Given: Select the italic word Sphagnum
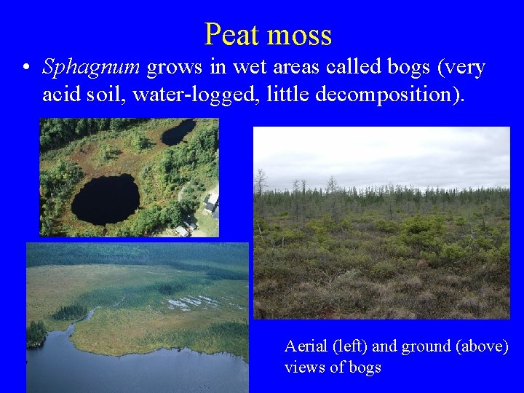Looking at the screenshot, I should coord(92,68).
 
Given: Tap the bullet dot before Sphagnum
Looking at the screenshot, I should coord(25,68).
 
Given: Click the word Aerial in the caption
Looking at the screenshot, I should coord(306,346).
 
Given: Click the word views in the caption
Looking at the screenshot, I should coord(305,367).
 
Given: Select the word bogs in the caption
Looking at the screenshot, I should coord(364,367).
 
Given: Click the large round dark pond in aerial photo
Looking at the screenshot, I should coord(105,199).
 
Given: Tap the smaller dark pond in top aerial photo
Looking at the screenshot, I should coord(178,132).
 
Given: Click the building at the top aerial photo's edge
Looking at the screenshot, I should coord(210,202).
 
